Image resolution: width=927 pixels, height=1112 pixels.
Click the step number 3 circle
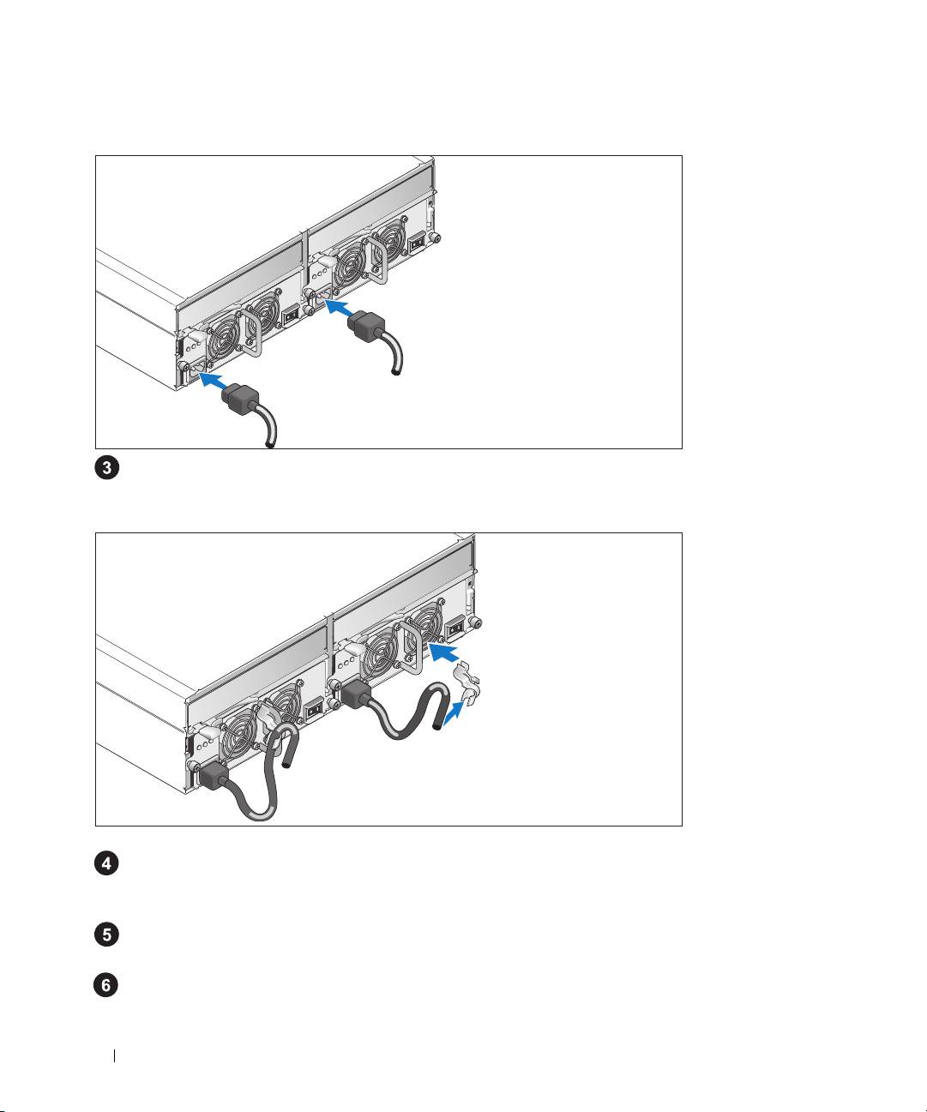(106, 468)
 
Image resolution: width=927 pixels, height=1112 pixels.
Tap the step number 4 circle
(106, 863)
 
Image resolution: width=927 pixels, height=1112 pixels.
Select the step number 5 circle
(106, 935)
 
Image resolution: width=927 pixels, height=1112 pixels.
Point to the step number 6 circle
(106, 985)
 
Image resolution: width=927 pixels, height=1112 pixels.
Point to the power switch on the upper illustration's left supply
(291, 316)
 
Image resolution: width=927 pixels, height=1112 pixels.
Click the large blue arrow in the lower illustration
(443, 652)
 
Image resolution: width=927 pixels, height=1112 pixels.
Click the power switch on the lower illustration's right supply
(454, 628)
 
